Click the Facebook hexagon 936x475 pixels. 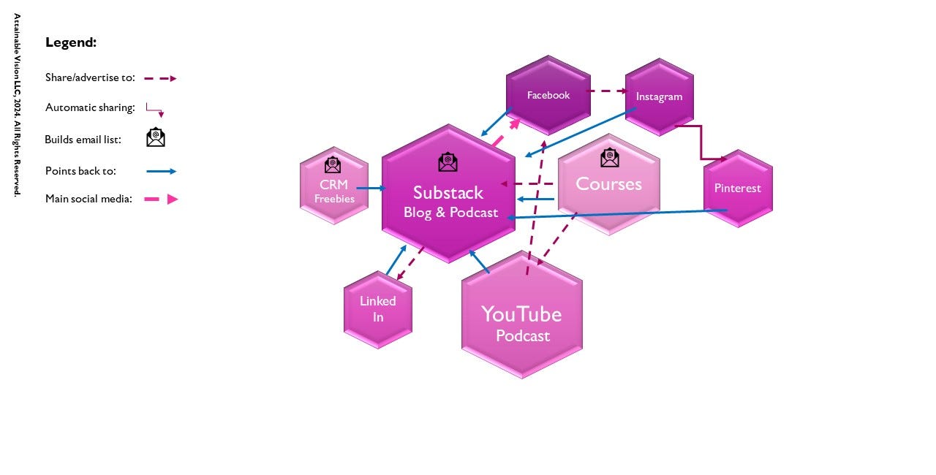pyautogui.click(x=548, y=96)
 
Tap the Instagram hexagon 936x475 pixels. pyautogui.click(x=659, y=96)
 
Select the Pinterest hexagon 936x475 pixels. pyautogui.click(x=738, y=188)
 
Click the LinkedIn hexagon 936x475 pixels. pyautogui.click(x=378, y=309)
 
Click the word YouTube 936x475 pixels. pyautogui.click(x=521, y=314)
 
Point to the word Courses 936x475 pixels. pyautogui.click(x=608, y=183)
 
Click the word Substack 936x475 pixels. pyautogui.click(x=448, y=193)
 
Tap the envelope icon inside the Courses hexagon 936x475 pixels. pyautogui.click(x=609, y=157)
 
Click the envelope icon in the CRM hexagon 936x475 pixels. pyautogui.click(x=333, y=164)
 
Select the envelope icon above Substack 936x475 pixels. pyautogui.click(x=448, y=161)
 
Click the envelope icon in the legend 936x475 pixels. pyautogui.click(x=156, y=137)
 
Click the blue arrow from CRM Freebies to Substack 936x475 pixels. pyautogui.click(x=371, y=189)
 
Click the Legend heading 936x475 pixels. pyautogui.click(x=71, y=42)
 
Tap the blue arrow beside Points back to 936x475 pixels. pyautogui.click(x=161, y=172)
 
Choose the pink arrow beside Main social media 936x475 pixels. pyautogui.click(x=162, y=199)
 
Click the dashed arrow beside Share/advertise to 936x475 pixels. pyautogui.click(x=160, y=78)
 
